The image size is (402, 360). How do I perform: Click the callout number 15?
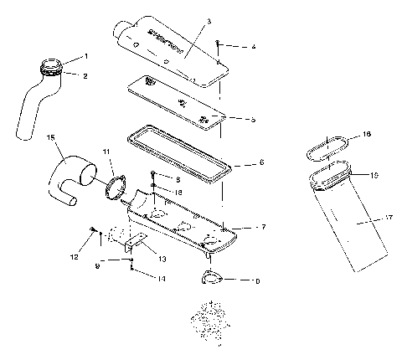[x=51, y=137]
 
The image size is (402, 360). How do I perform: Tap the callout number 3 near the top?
[x=209, y=20]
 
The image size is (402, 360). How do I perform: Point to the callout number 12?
[x=74, y=256]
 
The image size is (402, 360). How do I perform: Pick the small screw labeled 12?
[x=91, y=229]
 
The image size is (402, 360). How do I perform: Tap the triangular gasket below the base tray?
[x=212, y=279]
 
